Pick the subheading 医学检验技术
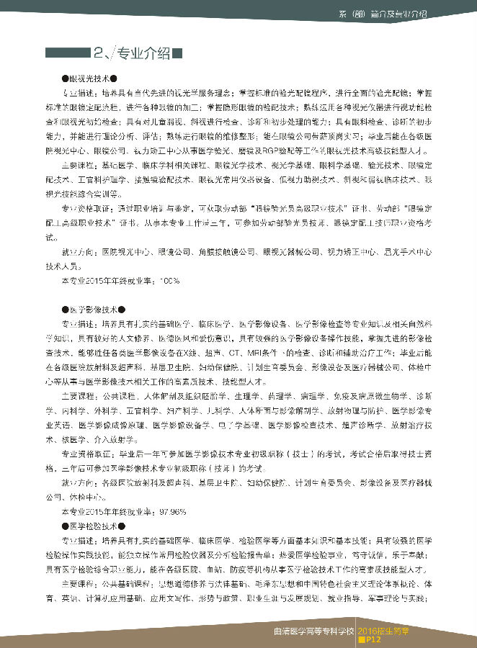point(94,527)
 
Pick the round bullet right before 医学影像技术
point(66,309)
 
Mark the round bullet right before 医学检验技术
point(66,527)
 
